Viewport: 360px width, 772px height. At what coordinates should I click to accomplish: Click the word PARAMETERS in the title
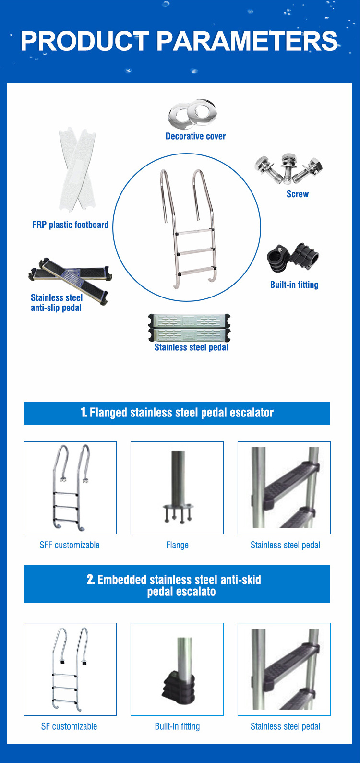click(x=247, y=41)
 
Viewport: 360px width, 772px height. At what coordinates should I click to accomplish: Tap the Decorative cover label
click(x=195, y=136)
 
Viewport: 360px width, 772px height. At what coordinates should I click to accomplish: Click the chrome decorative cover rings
click(x=192, y=114)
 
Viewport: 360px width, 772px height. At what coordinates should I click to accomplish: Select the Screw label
click(x=298, y=194)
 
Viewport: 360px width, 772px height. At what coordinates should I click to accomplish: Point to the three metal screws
click(x=289, y=168)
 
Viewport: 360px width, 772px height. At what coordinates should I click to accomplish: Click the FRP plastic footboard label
click(x=71, y=225)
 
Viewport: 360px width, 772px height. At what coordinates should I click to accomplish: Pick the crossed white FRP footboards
click(x=77, y=169)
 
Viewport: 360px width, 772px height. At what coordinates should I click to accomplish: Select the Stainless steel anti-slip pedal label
click(x=57, y=303)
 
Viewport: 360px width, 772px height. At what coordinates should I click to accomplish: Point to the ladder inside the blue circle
click(x=188, y=228)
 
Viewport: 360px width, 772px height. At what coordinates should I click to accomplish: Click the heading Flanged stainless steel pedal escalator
click(x=177, y=413)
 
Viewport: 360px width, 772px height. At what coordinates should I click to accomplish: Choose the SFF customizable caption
click(x=70, y=545)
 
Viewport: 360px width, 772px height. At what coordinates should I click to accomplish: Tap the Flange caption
click(x=177, y=545)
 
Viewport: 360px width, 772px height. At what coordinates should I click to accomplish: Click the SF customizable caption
click(x=69, y=726)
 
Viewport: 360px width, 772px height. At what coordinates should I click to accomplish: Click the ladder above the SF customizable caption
click(x=70, y=669)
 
